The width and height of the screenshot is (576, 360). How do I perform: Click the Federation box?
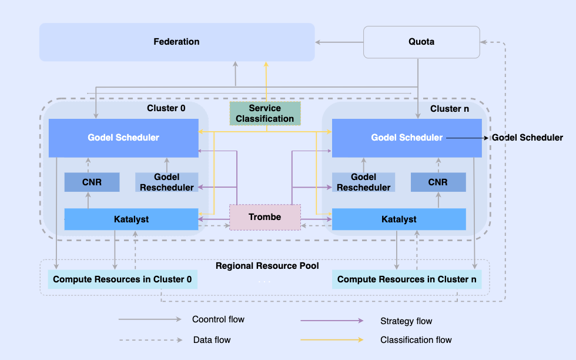pyautogui.click(x=176, y=42)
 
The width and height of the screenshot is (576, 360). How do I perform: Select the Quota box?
pyautogui.click(x=421, y=42)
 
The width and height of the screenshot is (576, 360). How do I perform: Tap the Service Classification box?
pyautogui.click(x=265, y=114)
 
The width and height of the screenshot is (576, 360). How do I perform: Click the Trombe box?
pyautogui.click(x=264, y=217)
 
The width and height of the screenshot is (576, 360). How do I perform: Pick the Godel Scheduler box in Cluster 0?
pyautogui.click(x=123, y=138)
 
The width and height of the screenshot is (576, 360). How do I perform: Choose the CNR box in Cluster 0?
pyautogui.click(x=92, y=182)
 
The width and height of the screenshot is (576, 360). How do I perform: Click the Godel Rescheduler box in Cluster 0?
pyautogui.click(x=166, y=182)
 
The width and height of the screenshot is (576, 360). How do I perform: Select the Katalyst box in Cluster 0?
pyautogui.click(x=131, y=219)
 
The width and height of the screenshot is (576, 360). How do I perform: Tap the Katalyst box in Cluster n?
pyautogui.click(x=398, y=219)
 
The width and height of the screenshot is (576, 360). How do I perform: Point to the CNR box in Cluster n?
pyautogui.click(x=438, y=182)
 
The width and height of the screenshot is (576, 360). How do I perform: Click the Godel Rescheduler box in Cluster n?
pyautogui.click(x=363, y=182)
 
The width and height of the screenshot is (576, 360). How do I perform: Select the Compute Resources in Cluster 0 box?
pyautogui.click(x=122, y=279)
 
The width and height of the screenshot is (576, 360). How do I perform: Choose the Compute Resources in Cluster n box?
pyautogui.click(x=407, y=279)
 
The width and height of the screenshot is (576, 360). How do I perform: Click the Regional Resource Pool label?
pyautogui.click(x=267, y=266)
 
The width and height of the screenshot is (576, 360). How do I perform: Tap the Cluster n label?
pyautogui.click(x=450, y=109)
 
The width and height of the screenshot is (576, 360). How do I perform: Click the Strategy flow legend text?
pyautogui.click(x=406, y=321)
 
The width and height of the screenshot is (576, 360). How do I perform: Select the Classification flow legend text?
pyautogui.click(x=416, y=340)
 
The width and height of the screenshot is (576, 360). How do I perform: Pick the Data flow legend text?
pyautogui.click(x=212, y=340)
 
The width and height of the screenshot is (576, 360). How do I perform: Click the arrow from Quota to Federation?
pyautogui.click(x=339, y=42)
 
